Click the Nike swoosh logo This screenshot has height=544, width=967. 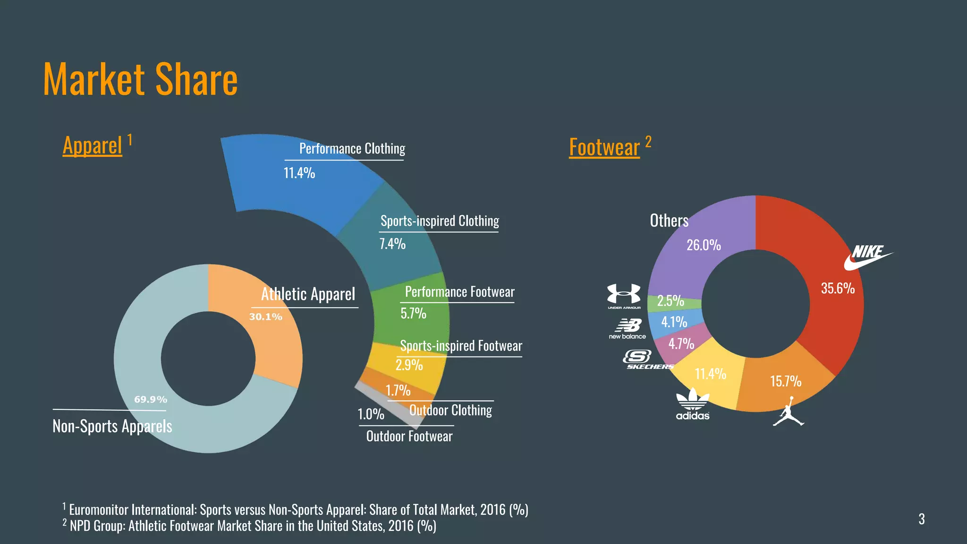[x=868, y=257]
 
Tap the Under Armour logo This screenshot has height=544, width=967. [x=624, y=296]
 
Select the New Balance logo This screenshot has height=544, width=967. [x=628, y=329]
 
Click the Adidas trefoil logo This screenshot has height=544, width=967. [x=693, y=404]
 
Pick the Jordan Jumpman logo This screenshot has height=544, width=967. [x=788, y=412]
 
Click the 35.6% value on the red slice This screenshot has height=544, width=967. [x=838, y=288]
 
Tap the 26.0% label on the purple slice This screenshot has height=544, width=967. [x=704, y=245]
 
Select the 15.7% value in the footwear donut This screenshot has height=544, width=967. [x=786, y=381]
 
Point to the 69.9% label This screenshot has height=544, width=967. [x=151, y=399]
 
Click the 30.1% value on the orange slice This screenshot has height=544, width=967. [x=265, y=317]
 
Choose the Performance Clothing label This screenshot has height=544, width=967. [x=352, y=149]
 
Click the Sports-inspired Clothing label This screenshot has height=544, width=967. [x=440, y=221]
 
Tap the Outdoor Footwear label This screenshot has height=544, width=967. [x=409, y=436]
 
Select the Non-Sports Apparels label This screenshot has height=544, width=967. [x=112, y=426]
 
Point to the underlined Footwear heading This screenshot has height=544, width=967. [x=604, y=147]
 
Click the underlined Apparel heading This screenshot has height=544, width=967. [x=93, y=145]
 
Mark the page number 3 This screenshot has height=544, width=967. [x=921, y=519]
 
